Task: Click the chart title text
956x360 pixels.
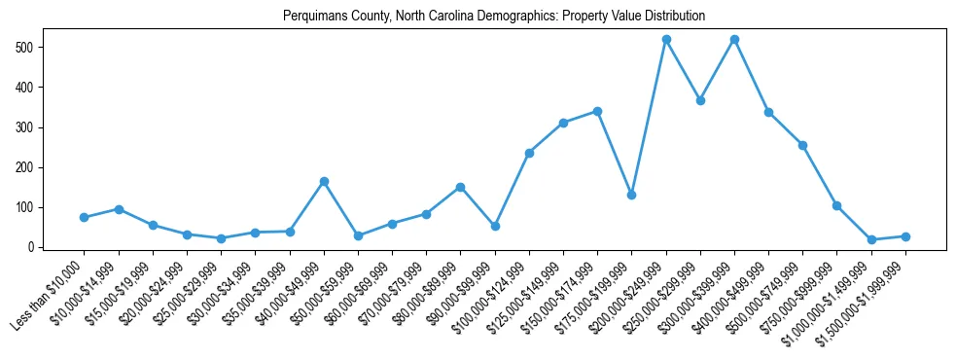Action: tap(493, 17)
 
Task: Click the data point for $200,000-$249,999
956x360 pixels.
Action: tap(666, 40)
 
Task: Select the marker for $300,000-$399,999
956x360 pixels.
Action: tap(734, 40)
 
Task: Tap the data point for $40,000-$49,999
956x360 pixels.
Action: tap(324, 181)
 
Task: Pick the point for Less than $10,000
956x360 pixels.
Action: tap(84, 217)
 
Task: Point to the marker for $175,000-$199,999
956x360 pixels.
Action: tap(632, 195)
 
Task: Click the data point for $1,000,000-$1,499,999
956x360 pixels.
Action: tap(871, 239)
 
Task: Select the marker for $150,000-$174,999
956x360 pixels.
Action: tap(597, 111)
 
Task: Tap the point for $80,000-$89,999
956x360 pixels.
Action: tap(461, 187)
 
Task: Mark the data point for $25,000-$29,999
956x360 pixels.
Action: tap(221, 238)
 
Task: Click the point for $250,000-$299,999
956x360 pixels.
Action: tap(700, 100)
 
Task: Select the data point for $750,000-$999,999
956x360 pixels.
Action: tap(837, 205)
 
